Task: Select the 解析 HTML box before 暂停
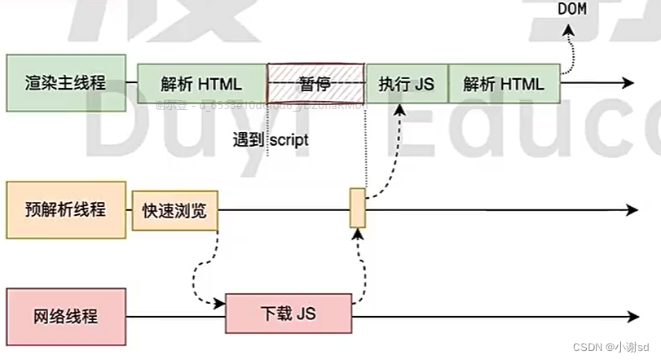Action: [201, 83]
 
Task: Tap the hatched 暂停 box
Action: [315, 83]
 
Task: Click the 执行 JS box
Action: [406, 83]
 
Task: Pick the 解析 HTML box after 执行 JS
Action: [503, 83]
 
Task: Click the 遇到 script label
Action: [269, 139]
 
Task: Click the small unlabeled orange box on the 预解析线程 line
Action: [358, 208]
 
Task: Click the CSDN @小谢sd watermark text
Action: [615, 347]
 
